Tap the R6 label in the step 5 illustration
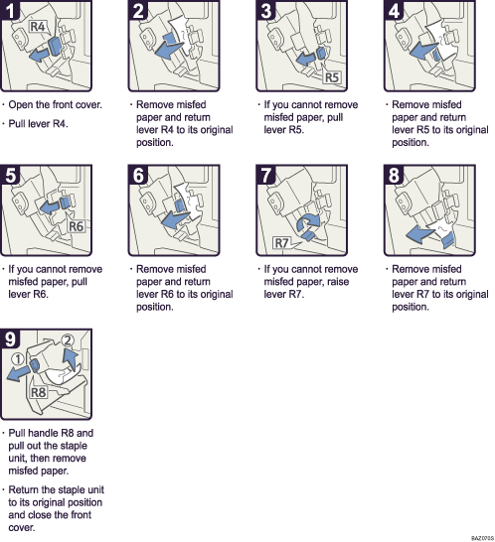click(79, 227)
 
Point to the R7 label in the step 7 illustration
click(283, 241)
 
